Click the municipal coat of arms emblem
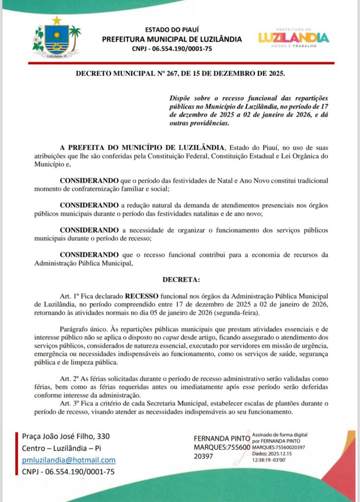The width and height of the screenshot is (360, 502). tap(57, 38)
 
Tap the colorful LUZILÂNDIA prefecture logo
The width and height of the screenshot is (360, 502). tap(293, 37)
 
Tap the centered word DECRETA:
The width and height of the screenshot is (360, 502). tap(181, 280)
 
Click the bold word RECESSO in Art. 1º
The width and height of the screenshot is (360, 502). tap(142, 296)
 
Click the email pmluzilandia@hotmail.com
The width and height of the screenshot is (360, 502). tap(69, 460)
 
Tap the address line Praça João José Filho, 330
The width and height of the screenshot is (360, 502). tap(66, 436)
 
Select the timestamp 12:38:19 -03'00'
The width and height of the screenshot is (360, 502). tap(271, 460)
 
